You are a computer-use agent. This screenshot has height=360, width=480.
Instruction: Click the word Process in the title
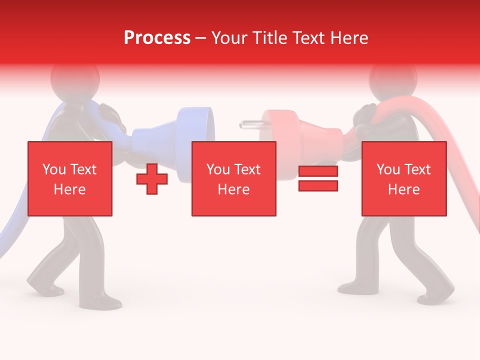coord(157,38)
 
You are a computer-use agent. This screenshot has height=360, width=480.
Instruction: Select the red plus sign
coord(152,178)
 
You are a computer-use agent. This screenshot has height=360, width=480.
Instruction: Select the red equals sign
coord(318,178)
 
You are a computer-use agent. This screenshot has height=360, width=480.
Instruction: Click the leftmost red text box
coord(70,178)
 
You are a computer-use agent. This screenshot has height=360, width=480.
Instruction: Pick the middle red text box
coord(234,178)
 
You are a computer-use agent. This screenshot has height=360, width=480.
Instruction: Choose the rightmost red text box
coord(404,178)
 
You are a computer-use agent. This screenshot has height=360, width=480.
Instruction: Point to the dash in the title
coord(201,38)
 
